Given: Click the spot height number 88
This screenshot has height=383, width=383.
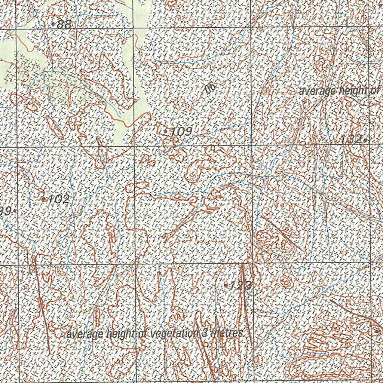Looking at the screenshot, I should (x=64, y=25).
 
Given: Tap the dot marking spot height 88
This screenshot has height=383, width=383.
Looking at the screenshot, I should (x=54, y=24).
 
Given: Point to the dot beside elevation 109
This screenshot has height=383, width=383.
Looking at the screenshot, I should (x=166, y=131).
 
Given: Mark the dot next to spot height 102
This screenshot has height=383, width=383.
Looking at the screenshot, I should (x=44, y=199).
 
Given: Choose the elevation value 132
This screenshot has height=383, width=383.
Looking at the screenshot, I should (x=351, y=140).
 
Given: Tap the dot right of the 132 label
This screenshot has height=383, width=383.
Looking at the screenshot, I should (x=365, y=140).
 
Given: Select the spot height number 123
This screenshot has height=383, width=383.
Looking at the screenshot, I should (x=240, y=286).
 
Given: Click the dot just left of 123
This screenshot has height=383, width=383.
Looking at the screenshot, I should (x=226, y=285).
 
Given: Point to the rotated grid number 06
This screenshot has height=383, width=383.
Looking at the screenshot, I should (x=211, y=88).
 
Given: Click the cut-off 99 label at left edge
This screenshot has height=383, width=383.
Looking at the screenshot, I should (x=5, y=211).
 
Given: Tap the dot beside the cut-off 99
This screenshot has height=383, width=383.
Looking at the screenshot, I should (x=15, y=211).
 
